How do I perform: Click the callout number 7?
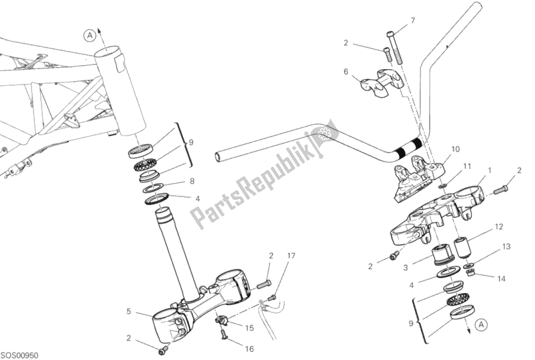(413, 20)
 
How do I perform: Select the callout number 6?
(346, 71)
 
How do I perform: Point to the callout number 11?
(467, 166)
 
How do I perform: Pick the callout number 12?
(498, 227)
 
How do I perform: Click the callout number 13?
(506, 247)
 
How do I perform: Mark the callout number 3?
(405, 267)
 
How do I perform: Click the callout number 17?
(292, 255)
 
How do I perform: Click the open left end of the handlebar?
(218, 158)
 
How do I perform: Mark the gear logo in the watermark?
(326, 134)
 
